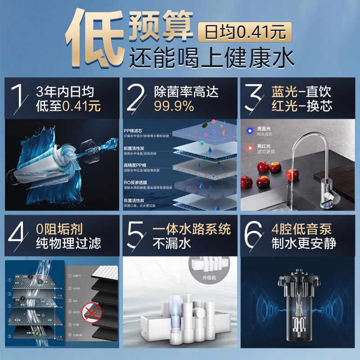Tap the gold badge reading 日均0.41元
tap(245, 32)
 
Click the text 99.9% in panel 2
tap(174, 107)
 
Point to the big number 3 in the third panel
tap(255, 98)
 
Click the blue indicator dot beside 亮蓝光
tap(249, 131)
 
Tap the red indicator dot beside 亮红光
tap(249, 148)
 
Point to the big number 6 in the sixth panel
tap(256, 236)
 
